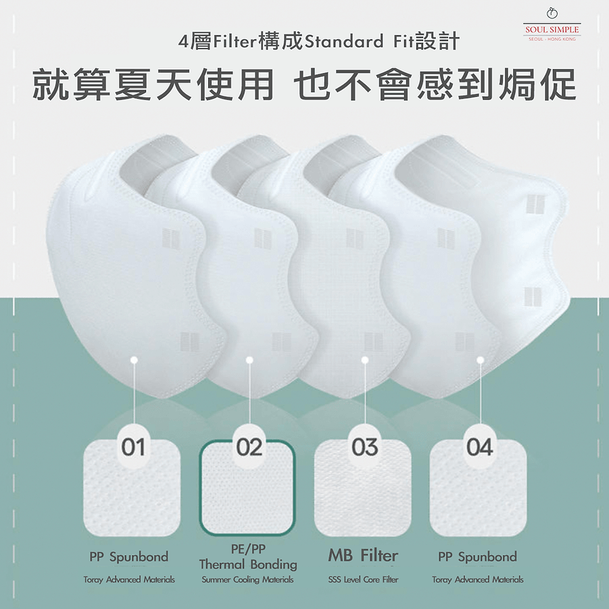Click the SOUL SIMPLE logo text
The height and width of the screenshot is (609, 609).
[552, 30]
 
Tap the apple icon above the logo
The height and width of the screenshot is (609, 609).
[552, 14]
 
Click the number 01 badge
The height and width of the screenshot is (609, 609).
[133, 447]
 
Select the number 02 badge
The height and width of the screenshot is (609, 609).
[249, 447]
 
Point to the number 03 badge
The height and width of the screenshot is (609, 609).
[364, 447]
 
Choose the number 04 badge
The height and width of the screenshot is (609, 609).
[480, 447]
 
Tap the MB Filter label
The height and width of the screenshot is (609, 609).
[363, 556]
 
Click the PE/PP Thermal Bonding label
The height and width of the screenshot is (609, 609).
[248, 557]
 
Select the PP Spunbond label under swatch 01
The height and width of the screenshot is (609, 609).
[129, 557]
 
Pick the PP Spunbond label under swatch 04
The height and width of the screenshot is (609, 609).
[477, 557]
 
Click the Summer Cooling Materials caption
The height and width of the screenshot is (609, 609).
[247, 579]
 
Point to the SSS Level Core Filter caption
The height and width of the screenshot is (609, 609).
[363, 579]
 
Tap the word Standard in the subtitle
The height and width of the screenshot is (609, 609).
[344, 41]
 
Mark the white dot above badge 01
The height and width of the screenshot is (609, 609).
[134, 360]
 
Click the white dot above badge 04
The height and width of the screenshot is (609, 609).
[480, 360]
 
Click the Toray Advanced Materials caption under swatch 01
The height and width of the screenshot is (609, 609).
[129, 579]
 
